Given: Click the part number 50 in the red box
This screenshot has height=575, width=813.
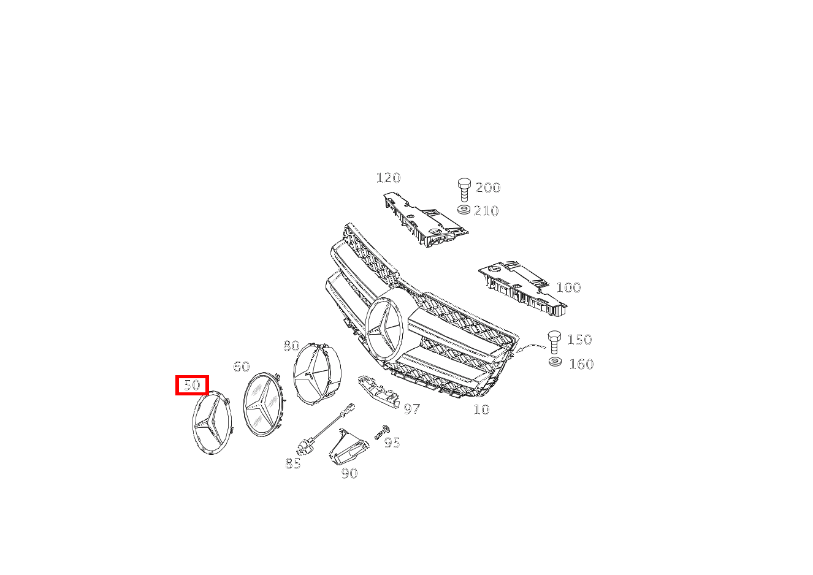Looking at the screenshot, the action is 192,385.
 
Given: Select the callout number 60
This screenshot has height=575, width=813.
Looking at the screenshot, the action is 242,367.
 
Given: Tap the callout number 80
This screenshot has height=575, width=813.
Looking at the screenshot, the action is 291,346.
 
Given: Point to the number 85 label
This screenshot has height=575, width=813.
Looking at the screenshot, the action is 293,463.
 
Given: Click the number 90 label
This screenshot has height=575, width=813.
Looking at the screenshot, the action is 349,473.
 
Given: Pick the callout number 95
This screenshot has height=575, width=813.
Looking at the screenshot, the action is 392,443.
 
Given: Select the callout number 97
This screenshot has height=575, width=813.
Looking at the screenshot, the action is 412,409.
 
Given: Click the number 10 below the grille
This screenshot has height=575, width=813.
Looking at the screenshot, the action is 482,409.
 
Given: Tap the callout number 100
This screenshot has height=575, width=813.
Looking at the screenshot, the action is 568,287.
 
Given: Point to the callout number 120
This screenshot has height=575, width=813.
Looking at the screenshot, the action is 388,178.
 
